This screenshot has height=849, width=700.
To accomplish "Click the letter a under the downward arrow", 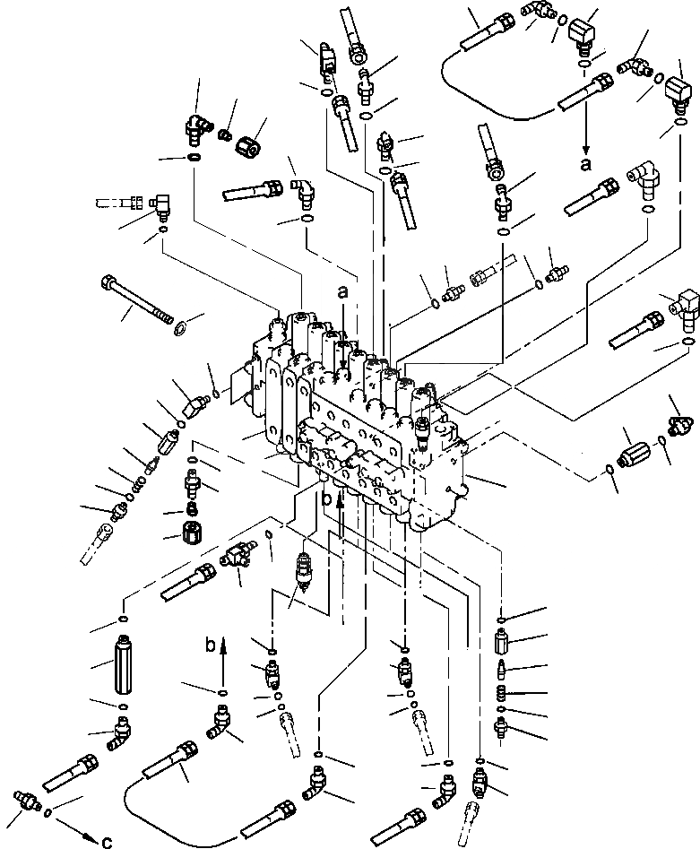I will point(586,165).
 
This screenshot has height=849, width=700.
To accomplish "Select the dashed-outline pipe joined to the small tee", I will point(115,202).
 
